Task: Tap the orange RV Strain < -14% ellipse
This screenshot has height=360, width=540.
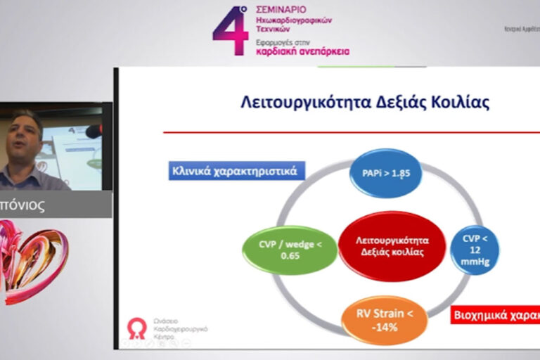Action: point(384,320)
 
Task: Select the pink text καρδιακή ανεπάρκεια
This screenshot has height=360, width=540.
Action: point(302,51)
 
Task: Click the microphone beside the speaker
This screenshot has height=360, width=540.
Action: point(92,131)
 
